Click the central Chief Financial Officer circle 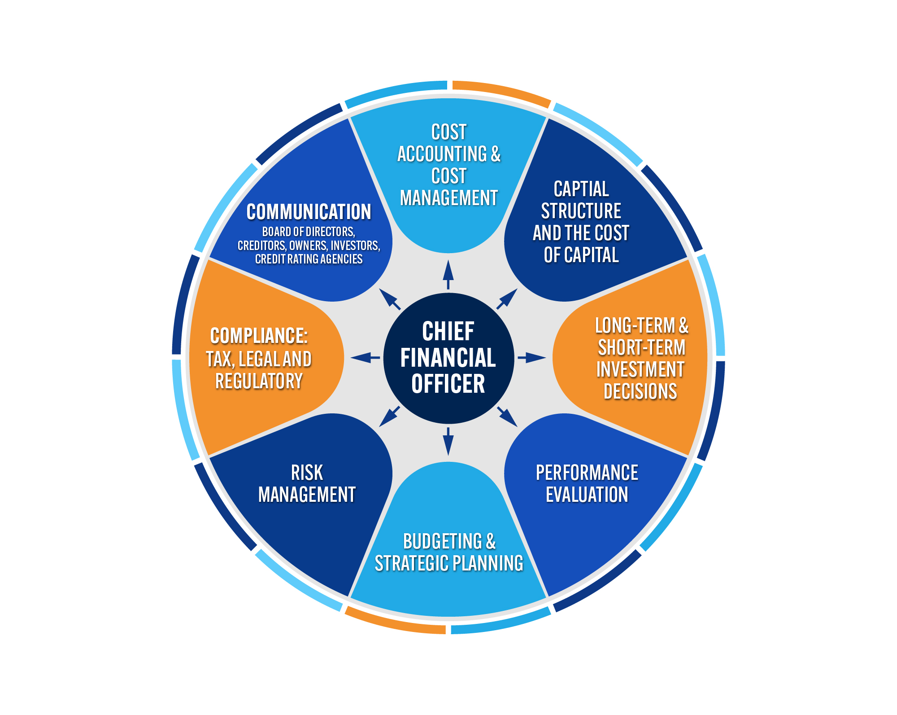(x=448, y=358)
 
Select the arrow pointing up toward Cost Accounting (x=448, y=274)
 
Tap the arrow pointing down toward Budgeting (x=448, y=441)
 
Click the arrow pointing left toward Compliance (x=365, y=358)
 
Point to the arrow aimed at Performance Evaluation (x=507, y=417)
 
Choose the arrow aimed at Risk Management (x=389, y=417)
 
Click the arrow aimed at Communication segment (x=389, y=299)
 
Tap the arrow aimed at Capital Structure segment (x=507, y=299)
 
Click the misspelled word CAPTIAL (x=581, y=189)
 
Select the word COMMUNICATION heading (x=309, y=212)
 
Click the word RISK (x=307, y=473)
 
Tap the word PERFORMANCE (x=587, y=473)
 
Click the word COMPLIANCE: (x=259, y=336)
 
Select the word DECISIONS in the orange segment (x=640, y=391)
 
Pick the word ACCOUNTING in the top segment (x=442, y=154)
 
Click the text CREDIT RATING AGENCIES (x=309, y=259)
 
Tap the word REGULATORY (x=259, y=381)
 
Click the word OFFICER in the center (x=448, y=384)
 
